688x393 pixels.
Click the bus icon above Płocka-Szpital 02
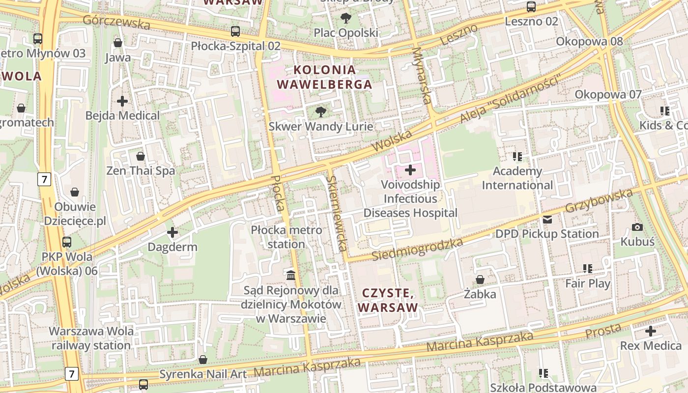(x=235, y=31)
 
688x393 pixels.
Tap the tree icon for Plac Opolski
(x=346, y=18)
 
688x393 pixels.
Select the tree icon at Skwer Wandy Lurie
(x=320, y=112)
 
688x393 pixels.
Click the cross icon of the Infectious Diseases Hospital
(x=410, y=170)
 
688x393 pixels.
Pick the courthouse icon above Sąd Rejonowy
(x=291, y=275)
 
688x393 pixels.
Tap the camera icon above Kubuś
(x=637, y=227)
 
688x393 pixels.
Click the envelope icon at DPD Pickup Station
(x=547, y=220)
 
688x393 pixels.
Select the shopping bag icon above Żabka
(x=480, y=280)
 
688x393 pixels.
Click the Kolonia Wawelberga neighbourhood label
(x=324, y=77)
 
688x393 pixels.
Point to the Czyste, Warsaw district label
(x=388, y=300)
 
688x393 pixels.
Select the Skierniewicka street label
(x=338, y=213)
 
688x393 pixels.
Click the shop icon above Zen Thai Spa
(x=141, y=156)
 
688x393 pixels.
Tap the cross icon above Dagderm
(x=172, y=232)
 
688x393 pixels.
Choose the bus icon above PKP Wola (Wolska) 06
(x=67, y=242)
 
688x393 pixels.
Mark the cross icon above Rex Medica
(x=651, y=331)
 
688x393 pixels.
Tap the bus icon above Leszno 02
(x=531, y=7)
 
